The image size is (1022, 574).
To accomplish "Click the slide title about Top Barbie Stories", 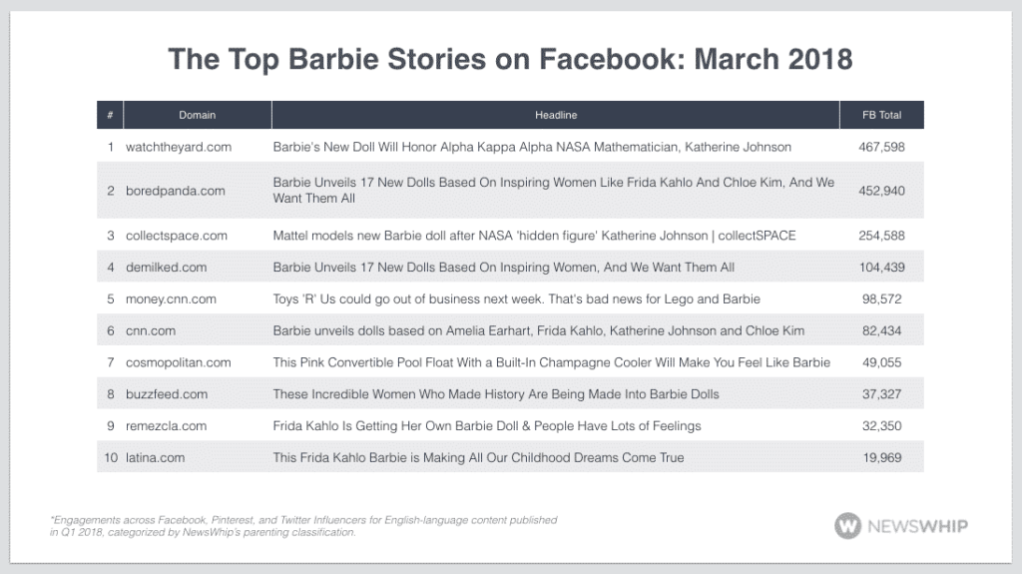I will (510, 58).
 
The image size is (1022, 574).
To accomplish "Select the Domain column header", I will (197, 115).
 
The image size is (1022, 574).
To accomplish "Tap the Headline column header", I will (556, 115).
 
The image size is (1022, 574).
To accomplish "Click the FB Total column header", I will (881, 115).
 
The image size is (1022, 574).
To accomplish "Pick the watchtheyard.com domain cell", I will (179, 147).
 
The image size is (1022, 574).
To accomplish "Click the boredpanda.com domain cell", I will (176, 190).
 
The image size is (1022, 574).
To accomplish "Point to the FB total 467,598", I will (881, 147).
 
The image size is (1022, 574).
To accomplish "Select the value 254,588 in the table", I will (881, 236).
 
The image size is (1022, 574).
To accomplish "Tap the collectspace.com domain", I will (177, 236).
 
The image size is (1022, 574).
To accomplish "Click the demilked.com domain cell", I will (167, 268).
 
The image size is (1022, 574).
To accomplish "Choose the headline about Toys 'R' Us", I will (516, 299).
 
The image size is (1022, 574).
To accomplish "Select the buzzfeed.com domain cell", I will (167, 394).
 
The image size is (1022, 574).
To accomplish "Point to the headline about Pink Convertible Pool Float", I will (552, 362).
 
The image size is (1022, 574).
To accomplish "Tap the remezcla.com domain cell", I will (167, 425).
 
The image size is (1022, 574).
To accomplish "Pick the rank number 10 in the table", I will (110, 457).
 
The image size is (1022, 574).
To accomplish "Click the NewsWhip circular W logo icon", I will (848, 526).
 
